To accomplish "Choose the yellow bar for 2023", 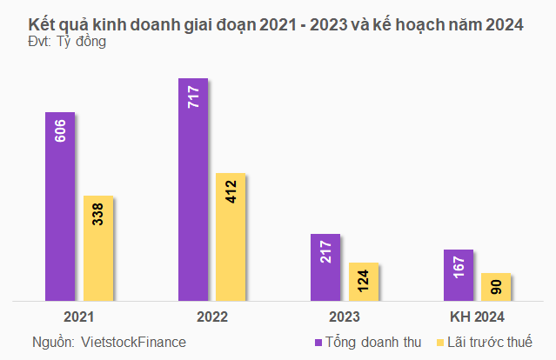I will [x=364, y=282].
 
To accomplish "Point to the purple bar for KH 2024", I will [x=458, y=276].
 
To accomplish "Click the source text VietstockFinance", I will [x=132, y=342].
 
